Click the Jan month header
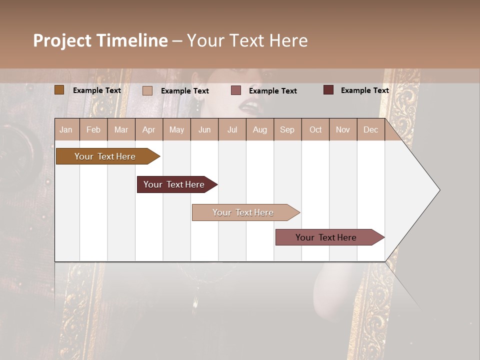[66, 130]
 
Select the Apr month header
[149, 130]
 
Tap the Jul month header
[232, 130]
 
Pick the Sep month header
[287, 130]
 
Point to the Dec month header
[370, 130]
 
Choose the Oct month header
[315, 130]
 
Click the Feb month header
[93, 130]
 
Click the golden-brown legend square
[59, 90]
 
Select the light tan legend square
[147, 90]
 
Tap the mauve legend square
[236, 90]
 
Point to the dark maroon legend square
[328, 90]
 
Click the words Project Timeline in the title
[100, 40]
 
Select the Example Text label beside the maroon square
[364, 90]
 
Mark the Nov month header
[343, 130]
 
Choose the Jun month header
[204, 130]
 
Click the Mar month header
[121, 130]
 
